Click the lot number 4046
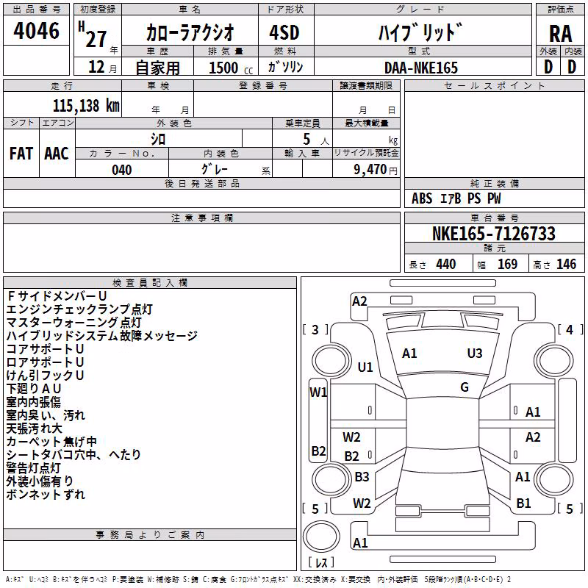click(36, 31)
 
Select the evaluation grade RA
click(560, 34)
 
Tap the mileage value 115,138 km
click(86, 106)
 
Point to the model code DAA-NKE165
click(420, 68)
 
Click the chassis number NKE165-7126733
click(494, 233)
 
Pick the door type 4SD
click(284, 32)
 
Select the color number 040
click(122, 170)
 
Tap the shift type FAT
click(21, 154)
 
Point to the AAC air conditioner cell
click(57, 154)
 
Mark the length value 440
click(446, 264)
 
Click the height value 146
click(566, 264)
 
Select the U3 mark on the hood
click(475, 354)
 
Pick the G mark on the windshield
click(465, 387)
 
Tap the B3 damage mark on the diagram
click(362, 476)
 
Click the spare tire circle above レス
click(321, 537)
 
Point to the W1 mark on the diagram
click(318, 392)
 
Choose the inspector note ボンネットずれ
click(46, 494)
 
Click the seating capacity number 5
click(306, 139)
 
